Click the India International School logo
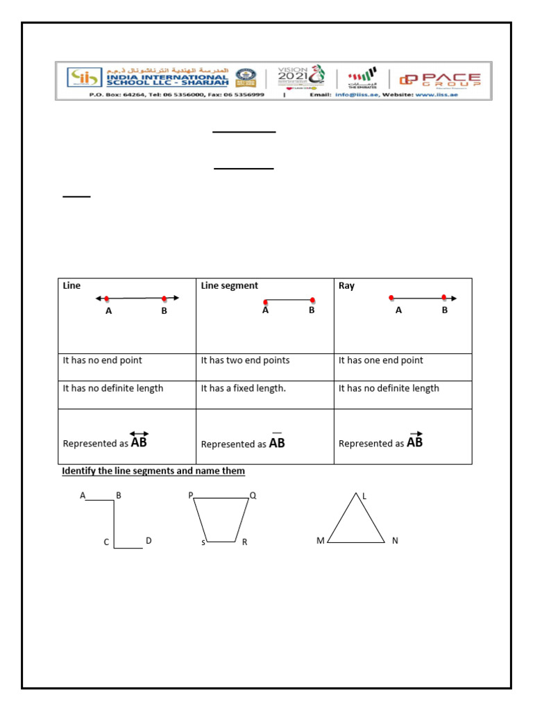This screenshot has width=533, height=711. [x=82, y=78]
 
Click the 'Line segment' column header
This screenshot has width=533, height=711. [x=229, y=285]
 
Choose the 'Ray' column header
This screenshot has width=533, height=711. [x=346, y=285]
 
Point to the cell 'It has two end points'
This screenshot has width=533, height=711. [x=245, y=360]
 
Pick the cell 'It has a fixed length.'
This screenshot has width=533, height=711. [x=243, y=388]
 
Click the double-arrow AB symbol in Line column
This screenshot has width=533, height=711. [x=139, y=441]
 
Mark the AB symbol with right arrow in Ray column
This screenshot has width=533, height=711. [x=415, y=441]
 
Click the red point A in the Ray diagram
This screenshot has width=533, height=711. [x=391, y=298]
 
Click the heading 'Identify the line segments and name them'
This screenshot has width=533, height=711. [x=153, y=471]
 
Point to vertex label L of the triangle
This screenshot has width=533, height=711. [x=364, y=496]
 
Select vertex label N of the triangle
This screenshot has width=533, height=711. [x=395, y=540]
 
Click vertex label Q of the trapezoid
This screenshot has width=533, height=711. [x=253, y=496]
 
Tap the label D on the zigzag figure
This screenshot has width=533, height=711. [x=148, y=540]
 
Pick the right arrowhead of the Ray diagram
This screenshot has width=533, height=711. [x=454, y=298]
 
